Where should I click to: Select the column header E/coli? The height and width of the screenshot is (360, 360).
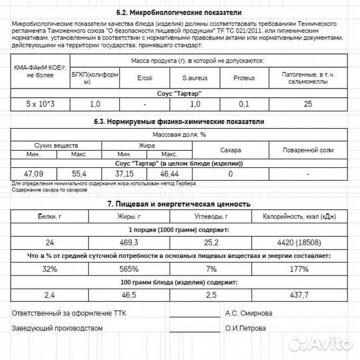tap(144, 78)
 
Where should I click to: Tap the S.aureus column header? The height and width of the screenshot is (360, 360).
tap(195, 78)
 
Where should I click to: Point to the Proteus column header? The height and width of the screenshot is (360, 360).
tap(244, 78)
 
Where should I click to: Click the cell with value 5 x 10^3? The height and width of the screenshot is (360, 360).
tap(41, 105)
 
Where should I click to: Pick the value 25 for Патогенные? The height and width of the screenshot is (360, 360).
tap(307, 105)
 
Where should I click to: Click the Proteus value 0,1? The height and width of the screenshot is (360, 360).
tap(244, 105)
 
